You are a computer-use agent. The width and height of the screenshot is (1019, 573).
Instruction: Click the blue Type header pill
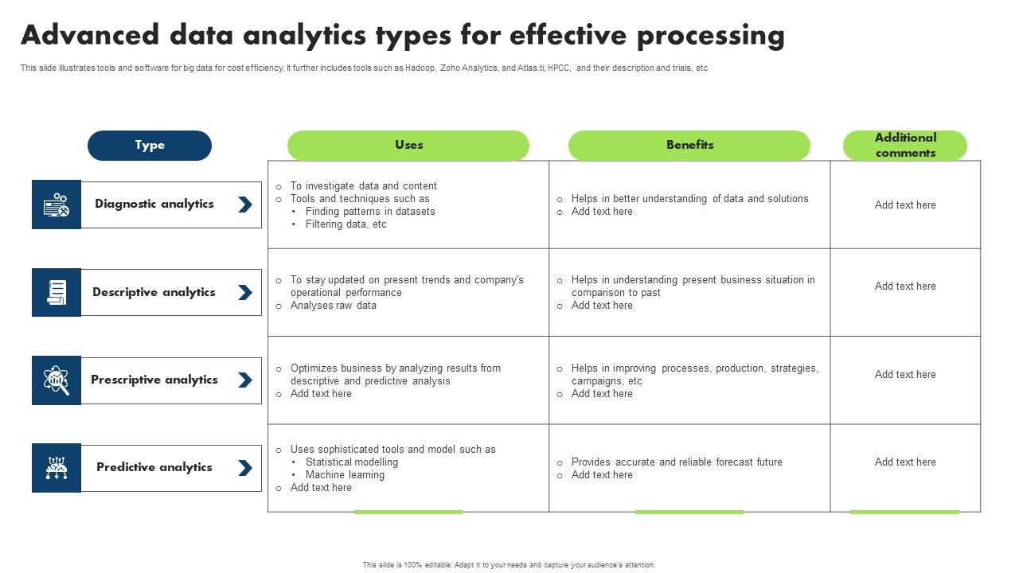click(150, 146)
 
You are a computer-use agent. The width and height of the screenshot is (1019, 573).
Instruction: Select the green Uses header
click(408, 145)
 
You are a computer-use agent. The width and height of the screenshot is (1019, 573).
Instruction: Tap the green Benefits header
click(689, 145)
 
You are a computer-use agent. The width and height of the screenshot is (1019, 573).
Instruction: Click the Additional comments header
click(905, 146)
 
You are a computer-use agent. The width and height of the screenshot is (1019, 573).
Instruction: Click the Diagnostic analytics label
click(154, 205)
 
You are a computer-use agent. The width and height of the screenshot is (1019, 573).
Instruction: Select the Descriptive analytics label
click(154, 293)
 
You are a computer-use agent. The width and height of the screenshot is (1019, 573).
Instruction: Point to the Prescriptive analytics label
click(154, 380)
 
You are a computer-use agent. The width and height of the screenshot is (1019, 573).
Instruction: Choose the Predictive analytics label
click(154, 468)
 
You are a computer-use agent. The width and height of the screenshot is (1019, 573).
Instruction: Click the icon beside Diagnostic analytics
click(57, 205)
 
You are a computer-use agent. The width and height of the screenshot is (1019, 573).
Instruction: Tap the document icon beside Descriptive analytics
click(57, 293)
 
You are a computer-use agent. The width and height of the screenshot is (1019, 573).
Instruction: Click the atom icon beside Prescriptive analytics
click(57, 380)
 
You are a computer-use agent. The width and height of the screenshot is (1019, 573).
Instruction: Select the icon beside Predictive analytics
click(57, 468)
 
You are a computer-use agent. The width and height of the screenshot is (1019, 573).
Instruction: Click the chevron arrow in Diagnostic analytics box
click(245, 205)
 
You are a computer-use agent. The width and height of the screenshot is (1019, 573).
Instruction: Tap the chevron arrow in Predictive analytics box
click(245, 468)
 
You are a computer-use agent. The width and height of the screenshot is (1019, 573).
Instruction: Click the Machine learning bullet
click(345, 475)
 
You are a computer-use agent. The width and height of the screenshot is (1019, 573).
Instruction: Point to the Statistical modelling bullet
click(351, 462)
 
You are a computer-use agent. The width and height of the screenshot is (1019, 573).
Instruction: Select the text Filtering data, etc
click(346, 224)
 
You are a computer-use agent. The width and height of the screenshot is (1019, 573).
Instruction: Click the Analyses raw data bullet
click(333, 306)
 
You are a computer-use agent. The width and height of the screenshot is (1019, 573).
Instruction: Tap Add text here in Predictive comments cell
click(905, 462)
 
